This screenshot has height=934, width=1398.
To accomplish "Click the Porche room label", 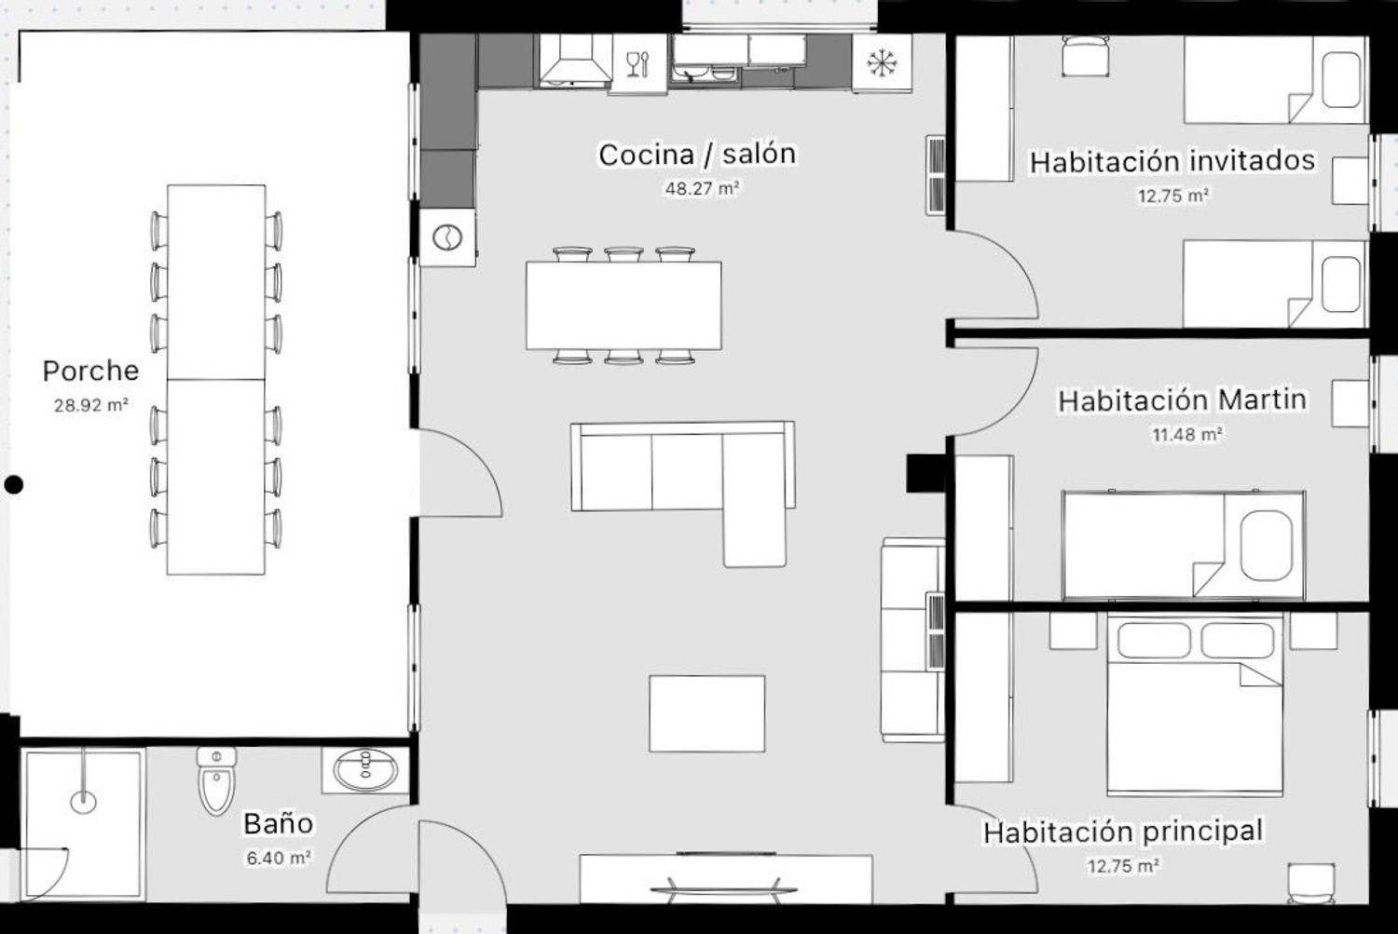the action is click(x=90, y=371).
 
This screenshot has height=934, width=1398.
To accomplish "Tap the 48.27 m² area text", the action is click(x=702, y=188).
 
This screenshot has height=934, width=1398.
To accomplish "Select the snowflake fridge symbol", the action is click(x=882, y=63).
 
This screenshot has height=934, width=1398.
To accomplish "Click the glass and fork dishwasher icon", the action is click(x=637, y=64).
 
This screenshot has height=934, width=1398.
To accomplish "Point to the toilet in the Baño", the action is click(x=216, y=780).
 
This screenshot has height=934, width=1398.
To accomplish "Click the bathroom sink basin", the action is click(x=365, y=770).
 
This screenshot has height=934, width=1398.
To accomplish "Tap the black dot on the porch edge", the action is click(x=14, y=484).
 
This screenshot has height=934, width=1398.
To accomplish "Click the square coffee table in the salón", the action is click(x=707, y=713).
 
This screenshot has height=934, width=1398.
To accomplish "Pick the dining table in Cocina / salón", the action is click(x=624, y=305).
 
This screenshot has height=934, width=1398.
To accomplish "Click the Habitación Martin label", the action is click(x=1182, y=400).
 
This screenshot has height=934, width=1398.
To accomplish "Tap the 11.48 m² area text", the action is click(x=1187, y=434).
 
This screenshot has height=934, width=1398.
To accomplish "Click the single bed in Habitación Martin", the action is click(x=1184, y=546).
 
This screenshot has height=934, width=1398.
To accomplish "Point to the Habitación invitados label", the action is click(x=1172, y=161).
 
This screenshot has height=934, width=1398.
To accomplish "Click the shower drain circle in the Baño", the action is click(x=83, y=802).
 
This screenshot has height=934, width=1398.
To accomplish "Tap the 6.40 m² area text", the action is click(x=279, y=858).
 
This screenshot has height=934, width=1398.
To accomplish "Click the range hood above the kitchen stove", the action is click(x=575, y=61).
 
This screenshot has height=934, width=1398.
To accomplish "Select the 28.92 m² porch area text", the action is click(x=91, y=405).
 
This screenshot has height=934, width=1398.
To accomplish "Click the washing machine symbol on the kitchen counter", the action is click(x=447, y=237).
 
